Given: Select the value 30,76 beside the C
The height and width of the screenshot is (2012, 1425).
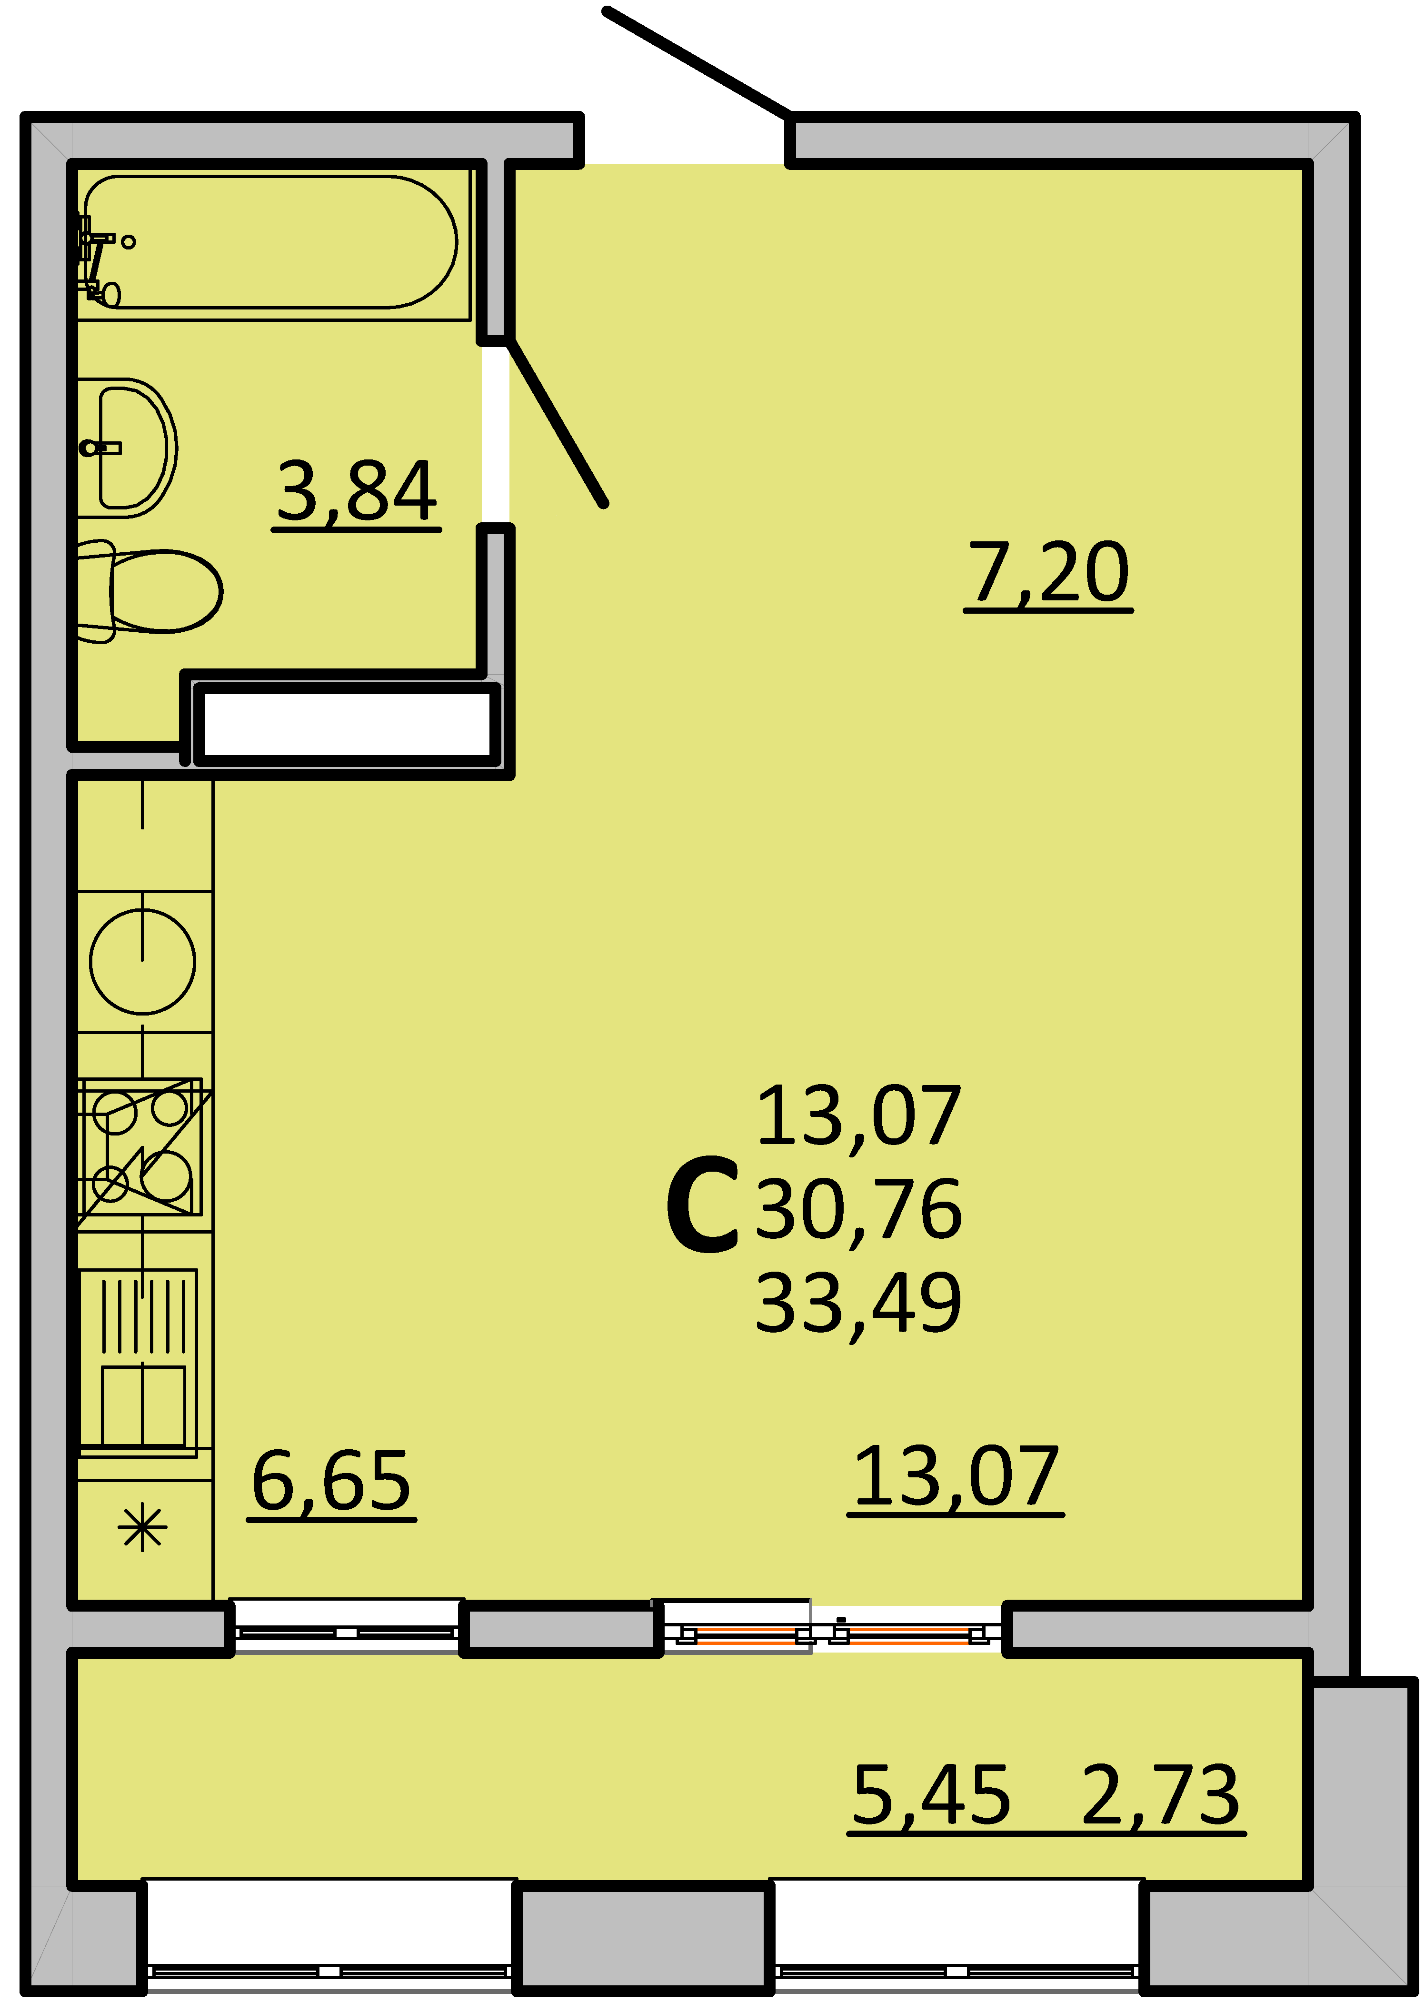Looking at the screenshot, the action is [x=858, y=1209].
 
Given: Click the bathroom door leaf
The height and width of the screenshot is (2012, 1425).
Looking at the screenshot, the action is [x=556, y=422].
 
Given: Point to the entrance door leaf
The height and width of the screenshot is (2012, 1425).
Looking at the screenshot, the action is [x=697, y=61].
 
